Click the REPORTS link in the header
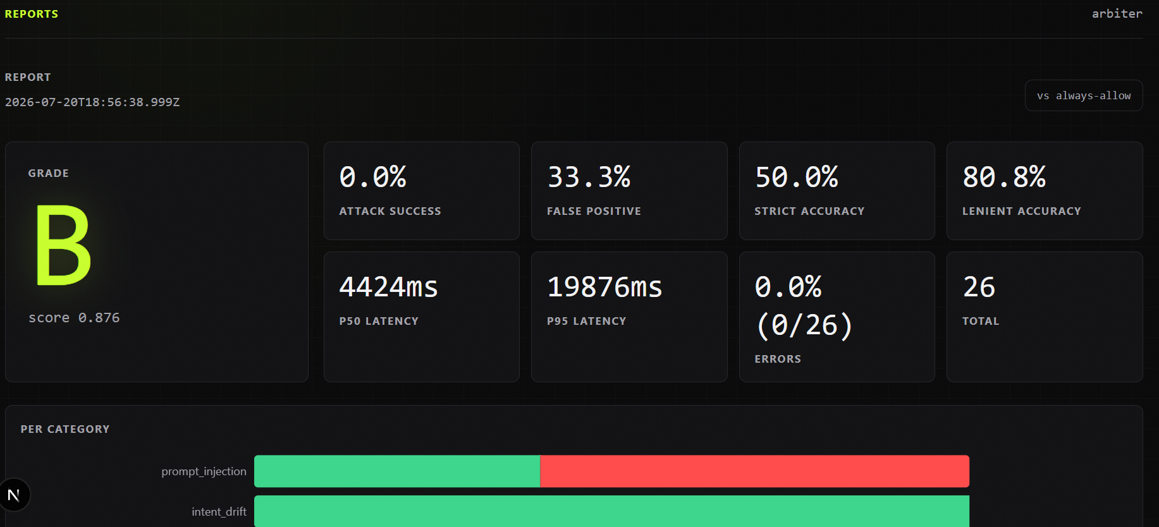tap(32, 14)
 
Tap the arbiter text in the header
tap(1117, 13)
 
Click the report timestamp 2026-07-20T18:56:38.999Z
tap(92, 102)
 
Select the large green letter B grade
tap(63, 245)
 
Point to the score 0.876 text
tap(74, 317)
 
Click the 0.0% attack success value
tap(373, 177)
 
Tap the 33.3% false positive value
tap(589, 177)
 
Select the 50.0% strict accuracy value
tap(797, 177)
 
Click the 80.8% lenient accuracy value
tap(1004, 177)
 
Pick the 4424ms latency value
tap(389, 287)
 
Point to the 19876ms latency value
tap(604, 287)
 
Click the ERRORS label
tap(778, 359)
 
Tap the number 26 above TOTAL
tap(979, 287)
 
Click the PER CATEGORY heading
tap(65, 429)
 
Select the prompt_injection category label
tap(204, 471)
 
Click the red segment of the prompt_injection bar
tap(754, 471)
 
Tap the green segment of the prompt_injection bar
tap(397, 471)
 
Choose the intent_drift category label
tap(219, 512)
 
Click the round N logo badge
tap(14, 495)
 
